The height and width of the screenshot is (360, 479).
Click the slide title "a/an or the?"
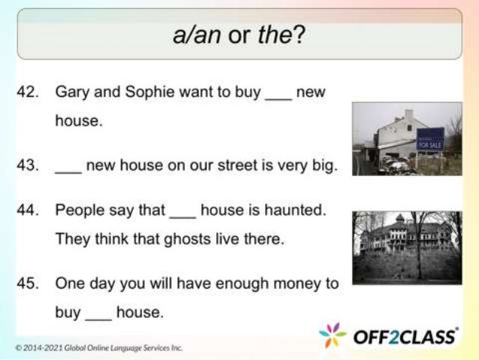coord(239,35)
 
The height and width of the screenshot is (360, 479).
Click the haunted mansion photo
coord(406,246)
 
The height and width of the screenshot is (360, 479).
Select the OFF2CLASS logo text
coord(405,335)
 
